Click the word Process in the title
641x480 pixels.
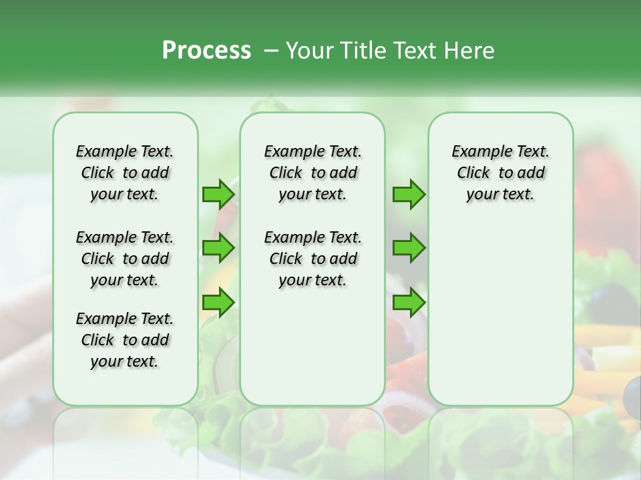(206, 50)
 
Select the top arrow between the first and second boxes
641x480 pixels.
(218, 194)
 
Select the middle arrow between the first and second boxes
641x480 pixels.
(218, 248)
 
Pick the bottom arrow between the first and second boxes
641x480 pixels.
(218, 303)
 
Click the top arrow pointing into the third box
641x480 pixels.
(409, 194)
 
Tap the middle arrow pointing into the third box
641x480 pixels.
(409, 248)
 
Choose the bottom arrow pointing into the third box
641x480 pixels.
(409, 303)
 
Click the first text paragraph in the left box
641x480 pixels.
(125, 173)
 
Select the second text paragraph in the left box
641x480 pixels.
(125, 259)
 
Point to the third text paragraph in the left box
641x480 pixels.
(125, 340)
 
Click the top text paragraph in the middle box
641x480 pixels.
(312, 173)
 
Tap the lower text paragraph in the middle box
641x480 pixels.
(312, 259)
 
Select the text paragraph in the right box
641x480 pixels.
(501, 173)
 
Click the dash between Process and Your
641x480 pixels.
(270, 51)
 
